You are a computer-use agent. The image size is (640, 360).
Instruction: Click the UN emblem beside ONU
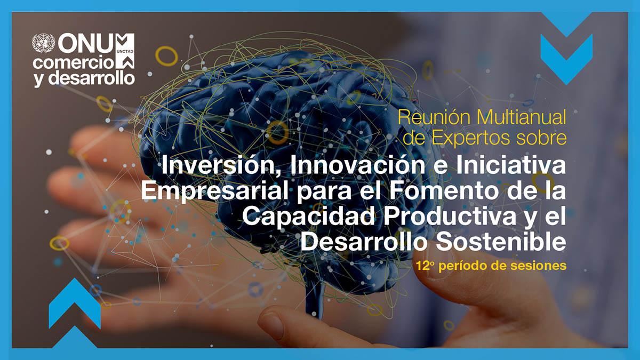44,43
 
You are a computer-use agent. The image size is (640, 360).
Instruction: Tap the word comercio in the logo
73,62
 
